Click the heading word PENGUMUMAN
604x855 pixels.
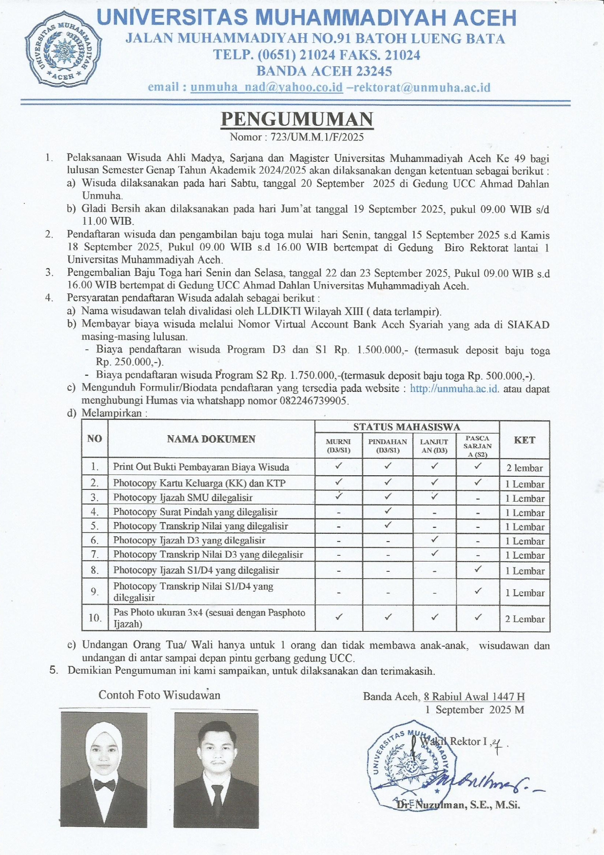tap(297, 119)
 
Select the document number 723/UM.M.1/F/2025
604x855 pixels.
tap(317, 137)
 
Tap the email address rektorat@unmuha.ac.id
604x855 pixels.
tap(422, 88)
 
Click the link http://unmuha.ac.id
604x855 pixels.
tap(454, 389)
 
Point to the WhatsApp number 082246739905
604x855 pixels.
tap(314, 401)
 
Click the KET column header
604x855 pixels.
tap(525, 440)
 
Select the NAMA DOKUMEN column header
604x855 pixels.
tap(211, 439)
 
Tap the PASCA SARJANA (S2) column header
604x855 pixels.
tap(477, 446)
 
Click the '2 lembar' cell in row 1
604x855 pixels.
tap(525, 468)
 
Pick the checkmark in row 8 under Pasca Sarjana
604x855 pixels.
tap(478, 569)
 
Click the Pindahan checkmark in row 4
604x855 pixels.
tap(388, 511)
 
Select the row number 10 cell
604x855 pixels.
tap(95, 618)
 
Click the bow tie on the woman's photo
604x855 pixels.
tap(104, 785)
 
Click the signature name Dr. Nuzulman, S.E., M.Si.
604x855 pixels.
tap(458, 805)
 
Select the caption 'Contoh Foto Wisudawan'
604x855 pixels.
tap(159, 695)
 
